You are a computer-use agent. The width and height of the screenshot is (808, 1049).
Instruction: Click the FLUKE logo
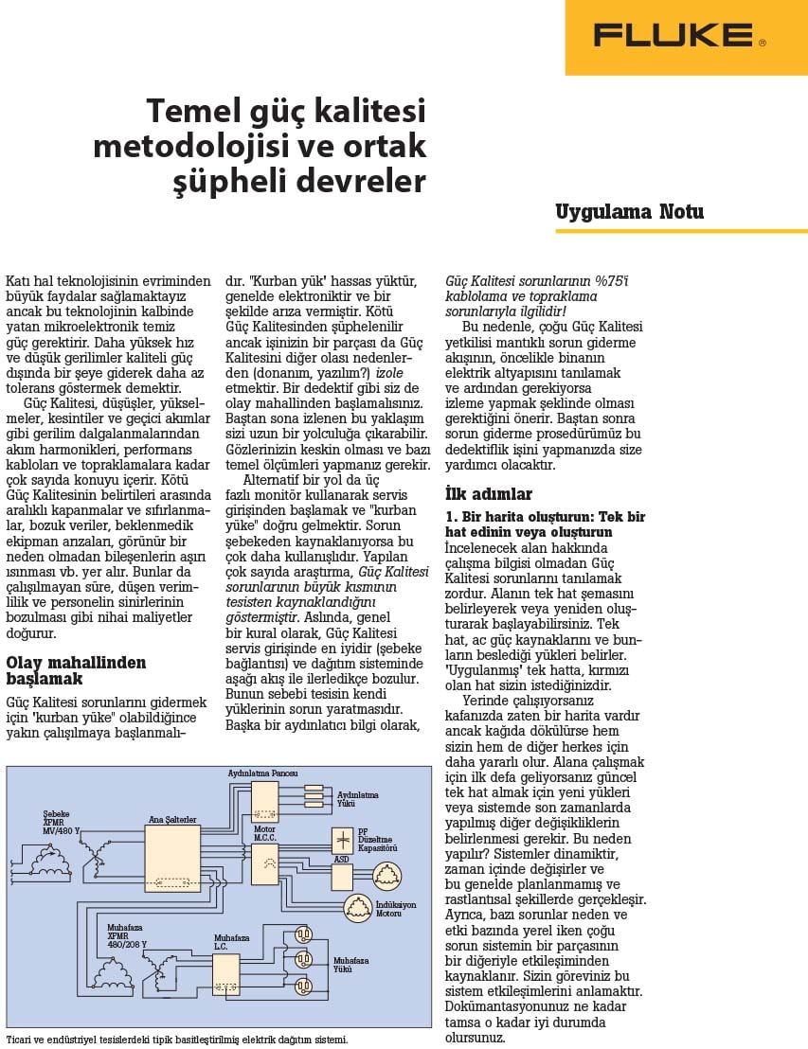[678, 36]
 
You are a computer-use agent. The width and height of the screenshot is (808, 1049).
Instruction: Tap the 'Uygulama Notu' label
[629, 211]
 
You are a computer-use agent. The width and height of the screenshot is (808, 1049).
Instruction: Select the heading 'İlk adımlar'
[489, 494]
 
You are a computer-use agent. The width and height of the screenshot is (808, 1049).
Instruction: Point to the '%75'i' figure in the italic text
[611, 281]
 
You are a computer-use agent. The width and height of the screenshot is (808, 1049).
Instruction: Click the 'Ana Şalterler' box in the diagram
[172, 859]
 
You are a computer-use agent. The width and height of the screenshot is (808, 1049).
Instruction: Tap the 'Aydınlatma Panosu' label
[262, 773]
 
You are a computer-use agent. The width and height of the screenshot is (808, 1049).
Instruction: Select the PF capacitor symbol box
[342, 839]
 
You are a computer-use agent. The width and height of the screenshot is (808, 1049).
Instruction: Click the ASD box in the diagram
[341, 876]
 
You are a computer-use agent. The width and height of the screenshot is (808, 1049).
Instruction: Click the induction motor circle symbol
[358, 908]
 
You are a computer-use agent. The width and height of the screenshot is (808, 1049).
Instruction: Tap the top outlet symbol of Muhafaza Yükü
[303, 933]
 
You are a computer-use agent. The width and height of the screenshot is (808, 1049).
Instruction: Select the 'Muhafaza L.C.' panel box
[225, 973]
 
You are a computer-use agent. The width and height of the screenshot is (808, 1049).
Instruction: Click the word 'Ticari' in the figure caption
[18, 1040]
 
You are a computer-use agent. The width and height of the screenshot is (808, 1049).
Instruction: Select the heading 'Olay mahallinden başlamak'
[76, 670]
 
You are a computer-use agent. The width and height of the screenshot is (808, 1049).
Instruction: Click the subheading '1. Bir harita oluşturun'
[545, 517]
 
